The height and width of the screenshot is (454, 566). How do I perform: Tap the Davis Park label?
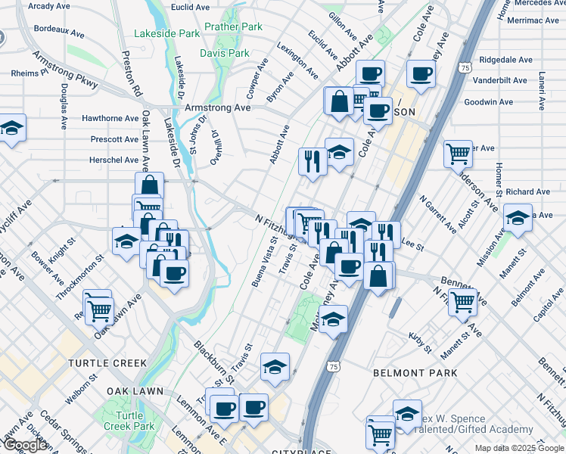pos(224,53)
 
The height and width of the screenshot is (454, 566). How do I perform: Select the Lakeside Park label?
pos(166,33)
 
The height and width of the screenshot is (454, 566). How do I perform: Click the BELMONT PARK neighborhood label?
pos(415,373)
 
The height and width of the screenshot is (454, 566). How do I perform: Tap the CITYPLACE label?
pos(300,452)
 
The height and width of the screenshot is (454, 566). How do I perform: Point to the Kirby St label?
pos(418,344)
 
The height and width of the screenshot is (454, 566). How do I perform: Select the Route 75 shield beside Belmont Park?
pos(334,366)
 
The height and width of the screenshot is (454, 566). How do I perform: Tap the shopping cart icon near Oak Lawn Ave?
pos(98,308)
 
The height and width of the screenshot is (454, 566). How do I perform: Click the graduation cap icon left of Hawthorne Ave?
pos(11,129)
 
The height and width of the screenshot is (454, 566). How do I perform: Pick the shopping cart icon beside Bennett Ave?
pos(462,302)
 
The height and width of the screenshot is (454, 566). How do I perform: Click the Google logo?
pos(24,446)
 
